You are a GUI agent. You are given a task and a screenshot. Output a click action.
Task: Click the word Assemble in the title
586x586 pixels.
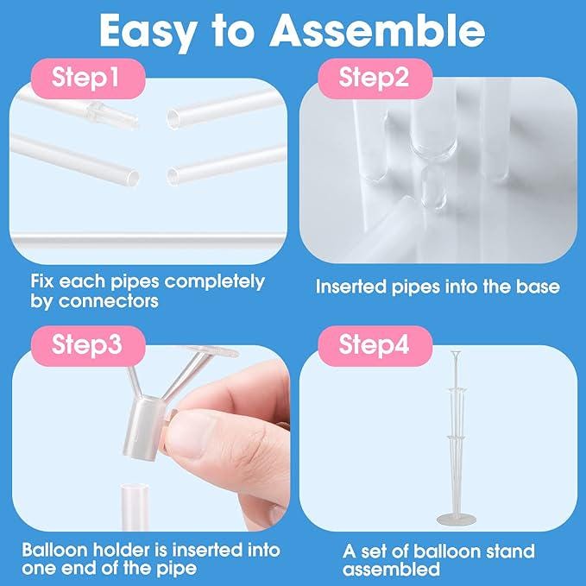[378, 32]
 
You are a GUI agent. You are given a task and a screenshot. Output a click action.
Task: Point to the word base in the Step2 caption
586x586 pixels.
[536, 287]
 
